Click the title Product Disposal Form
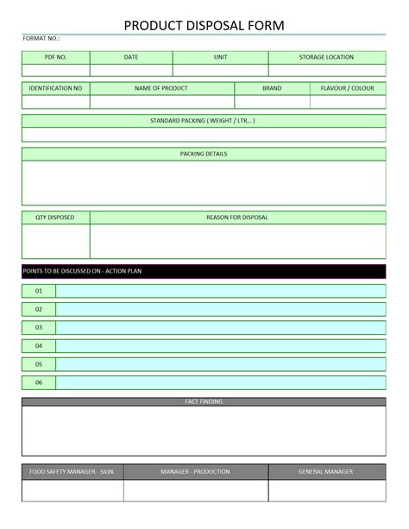[x=204, y=26]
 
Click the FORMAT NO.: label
[x=41, y=39]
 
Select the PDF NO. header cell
[x=55, y=58]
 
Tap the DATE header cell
[x=131, y=58]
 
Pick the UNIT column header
[x=220, y=58]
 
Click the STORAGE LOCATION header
[x=326, y=58]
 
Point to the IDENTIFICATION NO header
[x=55, y=88]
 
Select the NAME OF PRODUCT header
[x=161, y=88]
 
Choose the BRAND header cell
[x=272, y=88]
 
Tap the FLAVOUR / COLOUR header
[x=347, y=88]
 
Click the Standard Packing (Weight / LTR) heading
[x=204, y=121]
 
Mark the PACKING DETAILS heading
[x=204, y=154]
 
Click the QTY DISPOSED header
[x=55, y=217]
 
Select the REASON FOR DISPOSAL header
[x=237, y=217]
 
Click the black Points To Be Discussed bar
[x=204, y=271]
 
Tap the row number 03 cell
[x=39, y=328]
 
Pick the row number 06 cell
[x=39, y=382]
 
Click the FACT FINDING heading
[x=204, y=402]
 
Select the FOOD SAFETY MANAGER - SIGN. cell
[x=72, y=472]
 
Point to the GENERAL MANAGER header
[x=326, y=472]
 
